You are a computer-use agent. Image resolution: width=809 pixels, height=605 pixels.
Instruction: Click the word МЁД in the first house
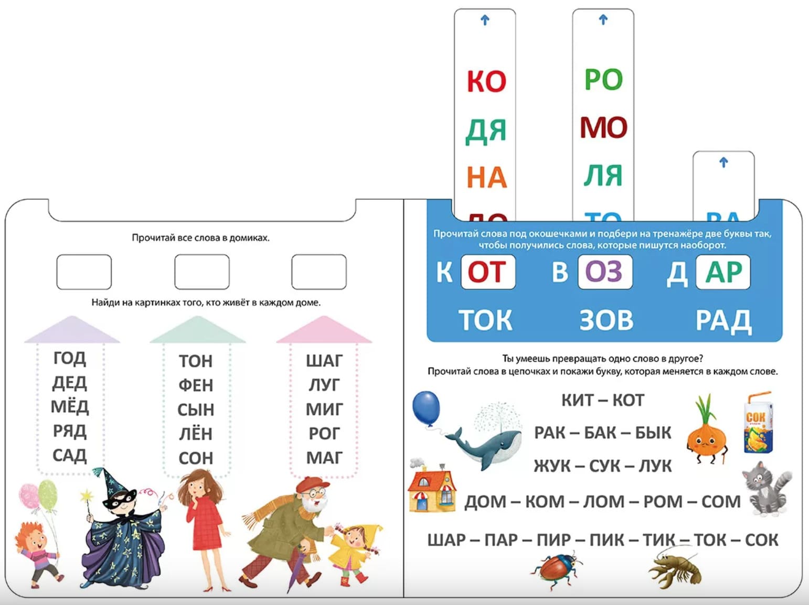(x=70, y=406)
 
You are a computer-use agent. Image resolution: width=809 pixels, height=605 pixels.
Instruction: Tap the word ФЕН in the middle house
(x=196, y=385)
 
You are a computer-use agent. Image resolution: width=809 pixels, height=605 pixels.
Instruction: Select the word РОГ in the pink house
(x=324, y=434)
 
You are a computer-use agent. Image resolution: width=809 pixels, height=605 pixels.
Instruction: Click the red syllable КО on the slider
(x=486, y=81)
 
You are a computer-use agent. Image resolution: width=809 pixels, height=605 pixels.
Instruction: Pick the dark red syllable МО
(x=603, y=127)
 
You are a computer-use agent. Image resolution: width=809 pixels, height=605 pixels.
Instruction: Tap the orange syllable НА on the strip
(x=486, y=177)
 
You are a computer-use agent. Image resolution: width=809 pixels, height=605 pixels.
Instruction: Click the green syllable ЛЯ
(x=603, y=175)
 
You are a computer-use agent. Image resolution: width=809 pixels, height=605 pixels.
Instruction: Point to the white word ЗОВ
(x=606, y=320)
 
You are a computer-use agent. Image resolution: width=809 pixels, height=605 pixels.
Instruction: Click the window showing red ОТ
(x=487, y=272)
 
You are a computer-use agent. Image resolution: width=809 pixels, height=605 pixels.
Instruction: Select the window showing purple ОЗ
(x=604, y=272)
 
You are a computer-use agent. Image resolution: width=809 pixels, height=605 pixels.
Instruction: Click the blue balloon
(x=426, y=408)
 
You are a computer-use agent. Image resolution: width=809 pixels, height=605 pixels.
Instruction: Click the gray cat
(x=767, y=488)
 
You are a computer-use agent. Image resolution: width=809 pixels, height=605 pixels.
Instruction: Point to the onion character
(x=707, y=435)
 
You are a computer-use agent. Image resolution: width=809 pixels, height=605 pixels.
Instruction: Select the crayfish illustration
(x=676, y=566)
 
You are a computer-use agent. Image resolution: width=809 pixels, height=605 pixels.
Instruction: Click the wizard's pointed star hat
(x=112, y=485)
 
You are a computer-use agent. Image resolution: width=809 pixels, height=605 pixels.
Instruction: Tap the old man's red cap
(x=309, y=484)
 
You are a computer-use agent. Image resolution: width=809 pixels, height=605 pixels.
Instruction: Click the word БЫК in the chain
(x=653, y=433)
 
